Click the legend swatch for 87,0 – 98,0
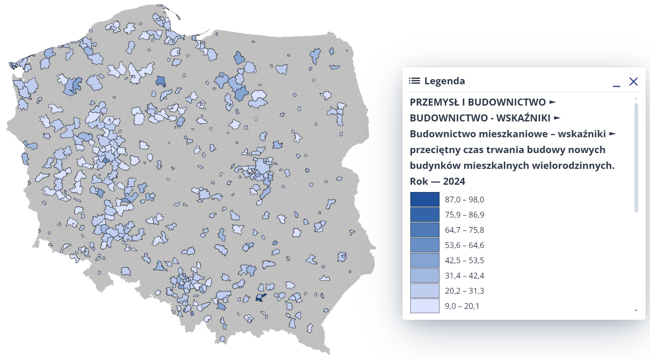point(424,199)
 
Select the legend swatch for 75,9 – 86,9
point(424,215)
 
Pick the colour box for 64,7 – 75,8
point(424,230)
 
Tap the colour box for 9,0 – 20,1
point(424,306)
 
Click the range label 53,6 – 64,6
point(464,245)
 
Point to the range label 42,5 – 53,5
point(464,261)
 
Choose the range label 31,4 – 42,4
point(464,276)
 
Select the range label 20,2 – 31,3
point(464,291)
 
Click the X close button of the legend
point(633,81)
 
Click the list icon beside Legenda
point(414,81)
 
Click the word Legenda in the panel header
point(444,81)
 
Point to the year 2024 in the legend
point(454,181)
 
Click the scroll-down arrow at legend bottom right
point(636,310)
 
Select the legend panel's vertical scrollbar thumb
point(636,157)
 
